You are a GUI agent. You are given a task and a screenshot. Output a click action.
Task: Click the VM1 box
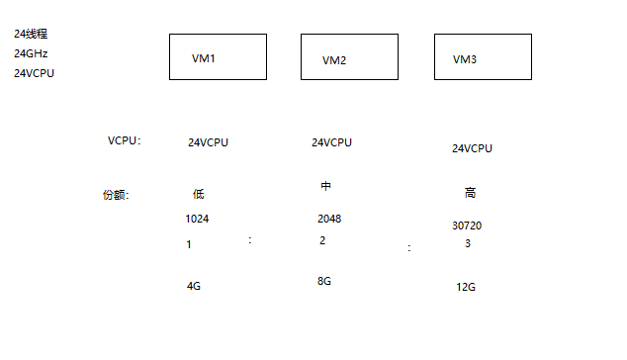218,57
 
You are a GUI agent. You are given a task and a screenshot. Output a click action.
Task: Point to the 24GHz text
31,53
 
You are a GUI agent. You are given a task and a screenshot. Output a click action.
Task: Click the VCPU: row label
125,140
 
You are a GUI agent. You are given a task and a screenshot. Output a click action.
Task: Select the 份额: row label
116,195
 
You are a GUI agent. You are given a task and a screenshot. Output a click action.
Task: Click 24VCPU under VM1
208,142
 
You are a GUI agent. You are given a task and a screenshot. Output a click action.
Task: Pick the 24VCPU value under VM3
472,148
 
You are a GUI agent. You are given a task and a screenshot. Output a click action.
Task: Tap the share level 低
198,194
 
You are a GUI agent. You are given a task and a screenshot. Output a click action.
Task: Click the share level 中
325,186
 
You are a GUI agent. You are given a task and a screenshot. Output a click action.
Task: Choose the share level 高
470,193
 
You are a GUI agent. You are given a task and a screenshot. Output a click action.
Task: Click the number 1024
197,219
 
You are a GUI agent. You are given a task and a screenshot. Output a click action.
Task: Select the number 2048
329,219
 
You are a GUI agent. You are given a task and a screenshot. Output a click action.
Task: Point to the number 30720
467,225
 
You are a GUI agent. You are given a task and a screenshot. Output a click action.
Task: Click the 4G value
194,286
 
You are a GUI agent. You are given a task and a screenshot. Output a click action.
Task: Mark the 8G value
323,281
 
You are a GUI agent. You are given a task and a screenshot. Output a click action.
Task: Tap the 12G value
466,287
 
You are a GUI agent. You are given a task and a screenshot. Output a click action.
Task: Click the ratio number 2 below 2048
322,240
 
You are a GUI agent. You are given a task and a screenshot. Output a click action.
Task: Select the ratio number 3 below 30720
468,243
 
